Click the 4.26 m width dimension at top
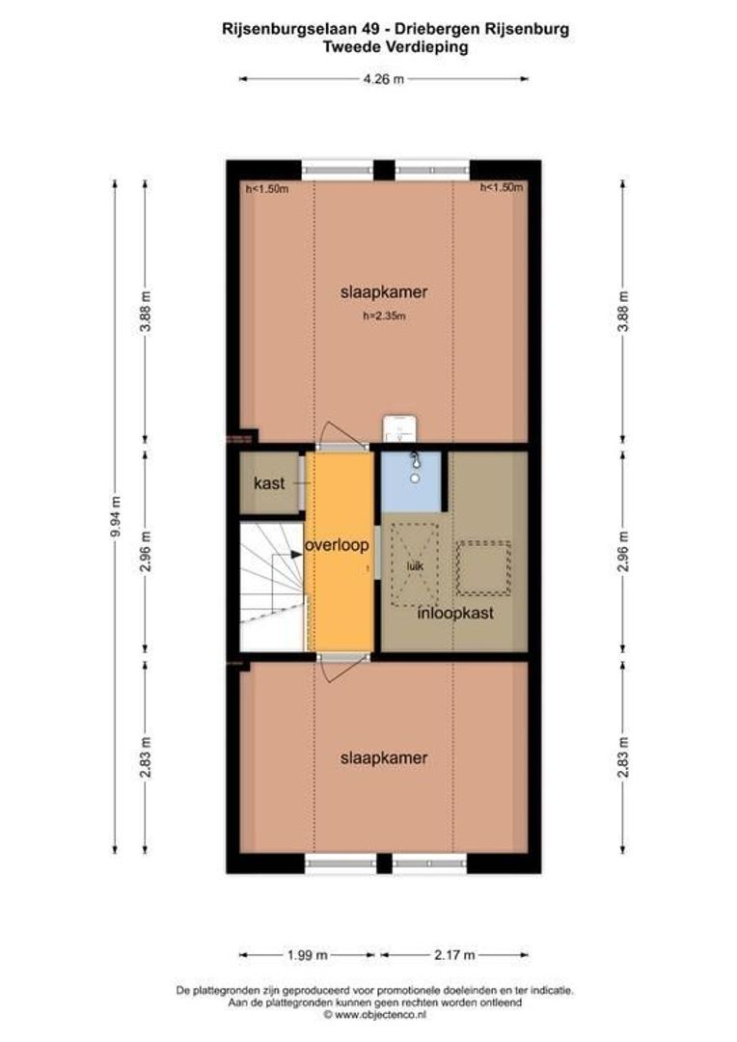pos(383,80)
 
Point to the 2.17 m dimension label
pos(454,955)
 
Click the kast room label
pos(269,483)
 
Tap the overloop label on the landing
pos(337,545)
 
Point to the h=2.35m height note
pos(383,315)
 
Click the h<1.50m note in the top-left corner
pos(267,189)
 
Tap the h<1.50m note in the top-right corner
pos(502,188)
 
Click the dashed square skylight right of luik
pos(483,568)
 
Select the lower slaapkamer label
pos(383,758)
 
